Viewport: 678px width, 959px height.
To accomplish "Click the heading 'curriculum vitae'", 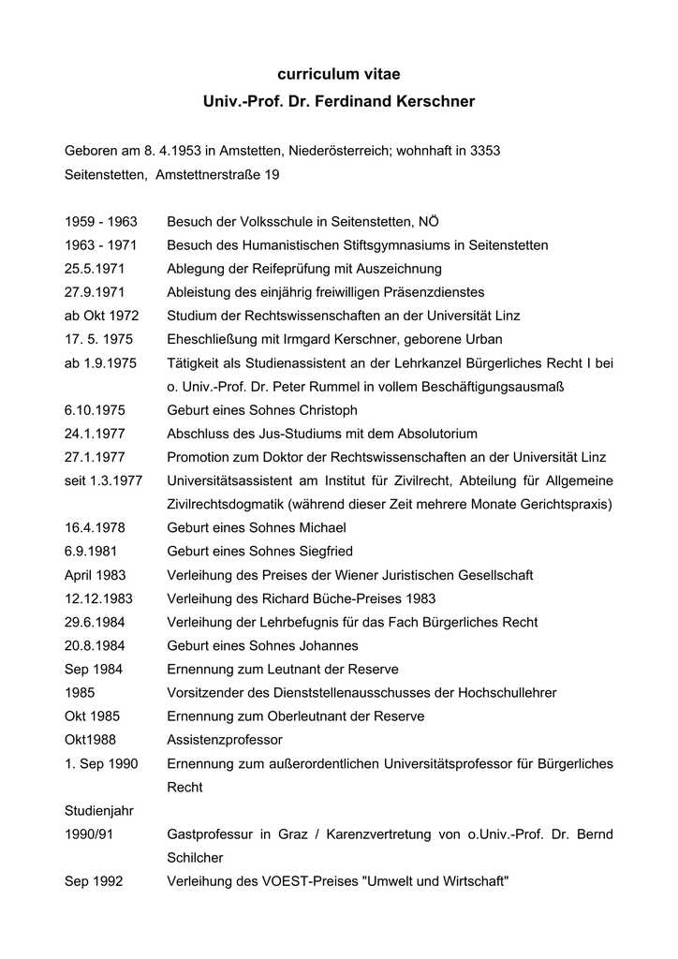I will [x=338, y=72].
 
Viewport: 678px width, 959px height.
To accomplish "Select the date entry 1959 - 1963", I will [x=101, y=222].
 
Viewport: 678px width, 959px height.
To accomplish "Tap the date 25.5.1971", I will [x=96, y=269].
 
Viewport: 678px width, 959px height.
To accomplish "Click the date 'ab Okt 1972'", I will [x=101, y=316].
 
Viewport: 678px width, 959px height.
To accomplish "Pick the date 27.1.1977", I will [x=96, y=457].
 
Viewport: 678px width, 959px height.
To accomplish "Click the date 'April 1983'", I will [x=96, y=575].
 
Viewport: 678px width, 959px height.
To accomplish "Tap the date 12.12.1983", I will [x=99, y=598].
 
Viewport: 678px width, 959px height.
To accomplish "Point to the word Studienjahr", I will [x=98, y=810].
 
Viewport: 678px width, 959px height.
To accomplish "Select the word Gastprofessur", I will [x=211, y=834].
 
